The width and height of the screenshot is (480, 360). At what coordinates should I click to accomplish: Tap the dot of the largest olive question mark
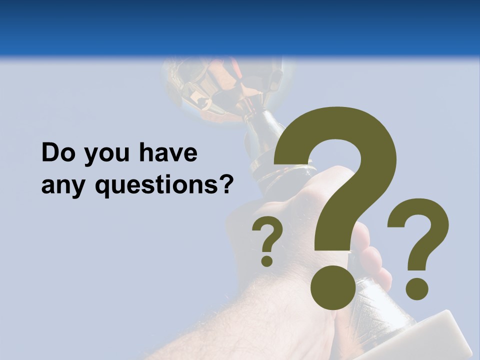click(333, 287)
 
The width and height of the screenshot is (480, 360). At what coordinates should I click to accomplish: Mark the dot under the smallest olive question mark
click(267, 260)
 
